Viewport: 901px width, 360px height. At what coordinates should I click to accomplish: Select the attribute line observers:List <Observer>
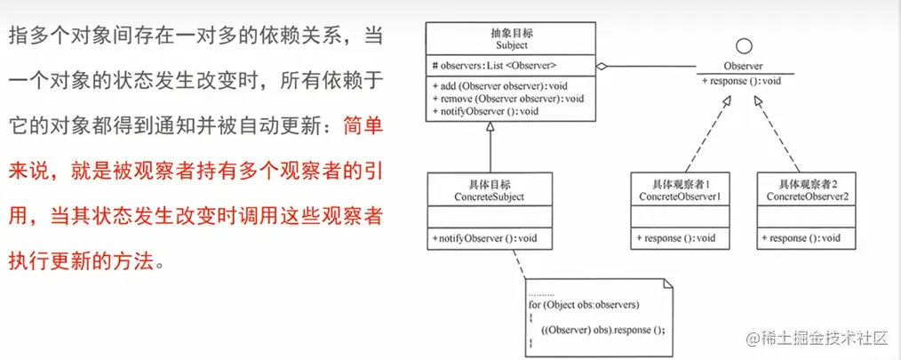(496, 65)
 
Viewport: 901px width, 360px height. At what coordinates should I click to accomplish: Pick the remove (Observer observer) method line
(507, 98)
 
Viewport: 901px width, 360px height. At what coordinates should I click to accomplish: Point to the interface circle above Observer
(746, 46)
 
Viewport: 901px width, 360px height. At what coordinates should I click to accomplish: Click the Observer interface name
(745, 66)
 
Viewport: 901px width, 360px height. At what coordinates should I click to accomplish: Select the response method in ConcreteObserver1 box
(676, 238)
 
